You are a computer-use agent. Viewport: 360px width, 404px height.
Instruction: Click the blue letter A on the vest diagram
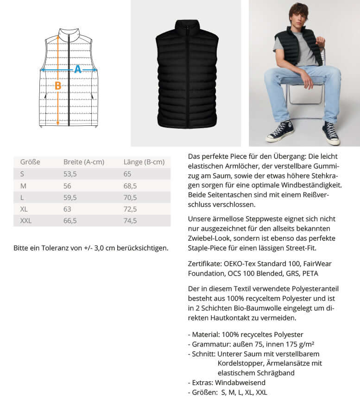pyautogui.click(x=78, y=69)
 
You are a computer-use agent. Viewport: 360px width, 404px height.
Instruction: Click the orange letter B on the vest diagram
pyautogui.click(x=58, y=86)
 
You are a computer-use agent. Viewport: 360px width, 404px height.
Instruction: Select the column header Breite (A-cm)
pyautogui.click(x=83, y=162)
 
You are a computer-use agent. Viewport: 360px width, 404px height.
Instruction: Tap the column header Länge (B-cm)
pyautogui.click(x=144, y=162)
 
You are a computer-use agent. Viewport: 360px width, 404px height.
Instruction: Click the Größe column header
pyautogui.click(x=30, y=162)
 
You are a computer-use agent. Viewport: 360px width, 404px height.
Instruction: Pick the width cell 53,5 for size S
pyautogui.click(x=70, y=174)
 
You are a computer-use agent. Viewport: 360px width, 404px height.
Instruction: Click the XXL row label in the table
pyautogui.click(x=26, y=221)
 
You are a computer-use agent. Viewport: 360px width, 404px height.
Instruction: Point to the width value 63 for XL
pyautogui.click(x=67, y=209)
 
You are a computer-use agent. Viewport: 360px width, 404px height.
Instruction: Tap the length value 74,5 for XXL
pyautogui.click(x=130, y=221)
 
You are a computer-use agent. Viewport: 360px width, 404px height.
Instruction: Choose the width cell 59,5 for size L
pyautogui.click(x=70, y=197)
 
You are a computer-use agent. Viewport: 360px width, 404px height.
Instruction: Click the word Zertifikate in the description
pyautogui.click(x=205, y=264)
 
